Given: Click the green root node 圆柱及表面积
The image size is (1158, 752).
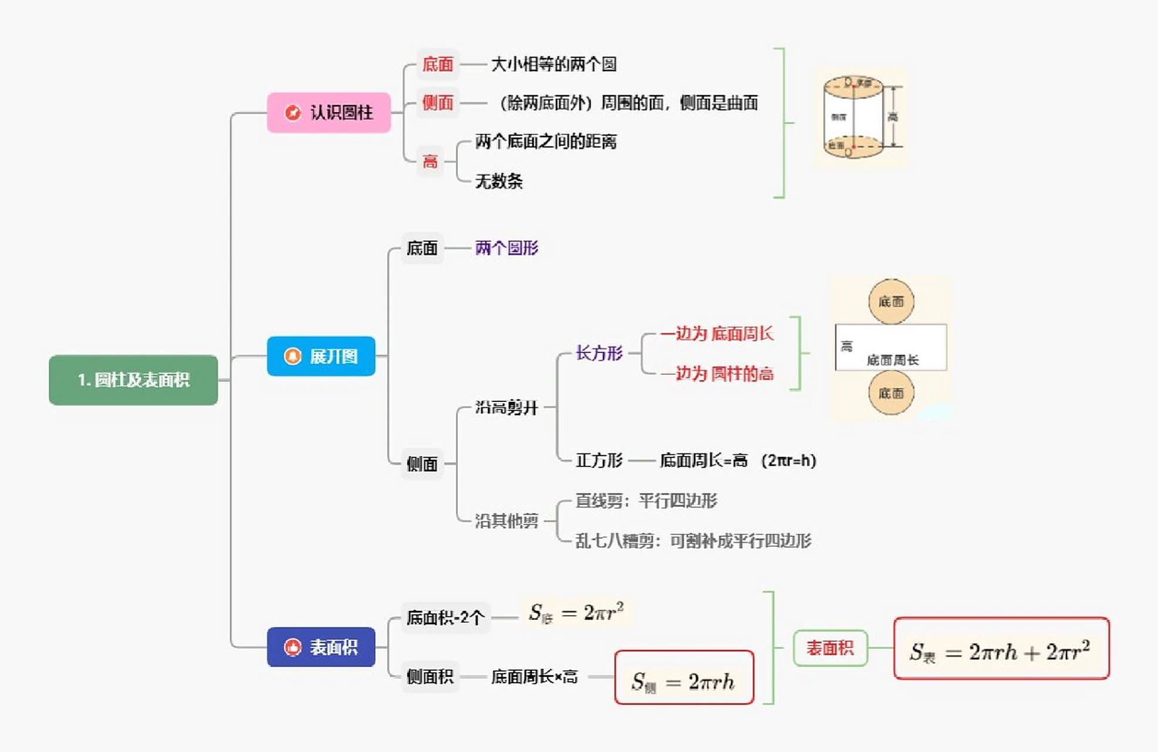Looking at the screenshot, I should [133, 380].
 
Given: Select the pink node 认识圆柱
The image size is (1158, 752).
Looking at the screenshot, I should [329, 112].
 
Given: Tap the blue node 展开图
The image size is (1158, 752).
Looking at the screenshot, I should [321, 356].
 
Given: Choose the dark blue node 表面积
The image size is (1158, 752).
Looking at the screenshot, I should [321, 647].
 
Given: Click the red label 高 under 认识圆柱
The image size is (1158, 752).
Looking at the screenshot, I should [430, 162].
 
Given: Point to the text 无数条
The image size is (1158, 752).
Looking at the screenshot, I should [499, 181].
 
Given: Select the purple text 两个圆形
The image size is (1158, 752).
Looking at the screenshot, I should [506, 248].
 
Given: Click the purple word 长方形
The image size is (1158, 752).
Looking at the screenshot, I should [598, 353].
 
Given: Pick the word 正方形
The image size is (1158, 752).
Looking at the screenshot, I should [598, 460].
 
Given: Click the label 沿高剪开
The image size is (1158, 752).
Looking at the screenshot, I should [506, 407].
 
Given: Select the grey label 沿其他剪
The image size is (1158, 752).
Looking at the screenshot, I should [506, 521].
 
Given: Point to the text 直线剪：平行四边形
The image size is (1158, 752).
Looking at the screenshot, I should [646, 501].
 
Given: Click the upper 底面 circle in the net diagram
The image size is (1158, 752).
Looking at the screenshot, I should [891, 302].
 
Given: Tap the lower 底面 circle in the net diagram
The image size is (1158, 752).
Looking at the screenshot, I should [891, 393].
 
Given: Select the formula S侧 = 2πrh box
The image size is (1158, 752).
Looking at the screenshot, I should [684, 677].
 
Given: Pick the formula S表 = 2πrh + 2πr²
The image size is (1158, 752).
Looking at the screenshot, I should [1001, 649].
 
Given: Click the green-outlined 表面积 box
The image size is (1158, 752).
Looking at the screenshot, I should [830, 648].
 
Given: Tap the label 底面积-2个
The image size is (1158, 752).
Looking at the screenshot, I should [445, 617].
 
